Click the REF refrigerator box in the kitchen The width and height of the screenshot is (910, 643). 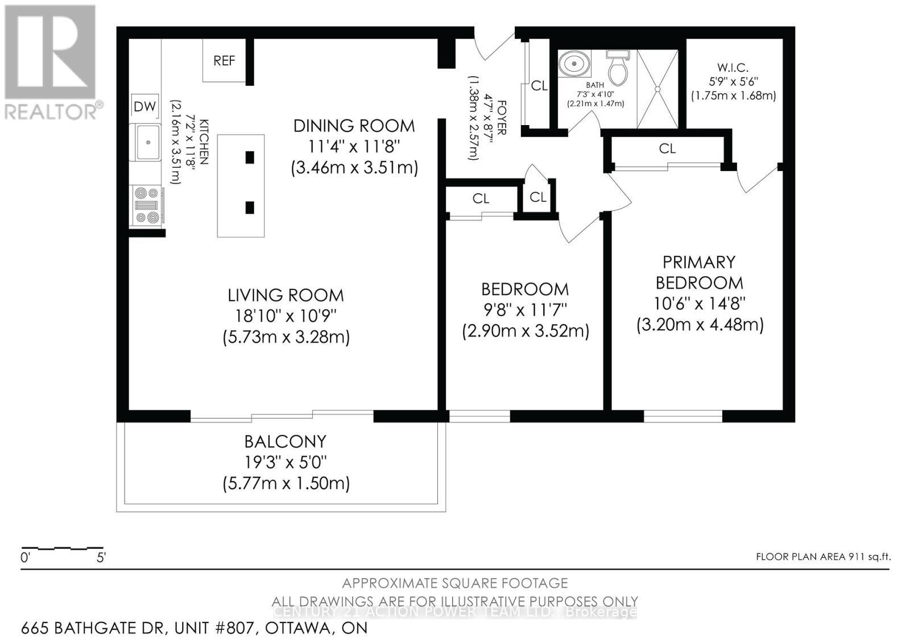[x=224, y=60]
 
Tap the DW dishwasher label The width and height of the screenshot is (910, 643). [x=144, y=106]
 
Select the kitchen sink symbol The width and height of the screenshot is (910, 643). [x=148, y=142]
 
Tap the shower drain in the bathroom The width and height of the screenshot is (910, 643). [x=657, y=89]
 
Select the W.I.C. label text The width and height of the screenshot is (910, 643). [x=733, y=68]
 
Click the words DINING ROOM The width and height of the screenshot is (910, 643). [x=354, y=126]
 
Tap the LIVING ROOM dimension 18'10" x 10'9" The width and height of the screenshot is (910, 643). [x=286, y=316]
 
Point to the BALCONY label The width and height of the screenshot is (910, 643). [x=285, y=441]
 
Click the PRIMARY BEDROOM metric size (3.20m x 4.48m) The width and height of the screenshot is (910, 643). [x=700, y=325]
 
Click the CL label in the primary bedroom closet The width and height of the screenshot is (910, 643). [x=667, y=148]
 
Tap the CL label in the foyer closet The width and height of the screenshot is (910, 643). [x=539, y=86]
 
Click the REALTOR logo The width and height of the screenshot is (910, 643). [x=51, y=63]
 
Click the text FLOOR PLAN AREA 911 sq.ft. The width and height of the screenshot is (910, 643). [x=822, y=557]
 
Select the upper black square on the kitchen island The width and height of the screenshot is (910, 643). [x=250, y=157]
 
